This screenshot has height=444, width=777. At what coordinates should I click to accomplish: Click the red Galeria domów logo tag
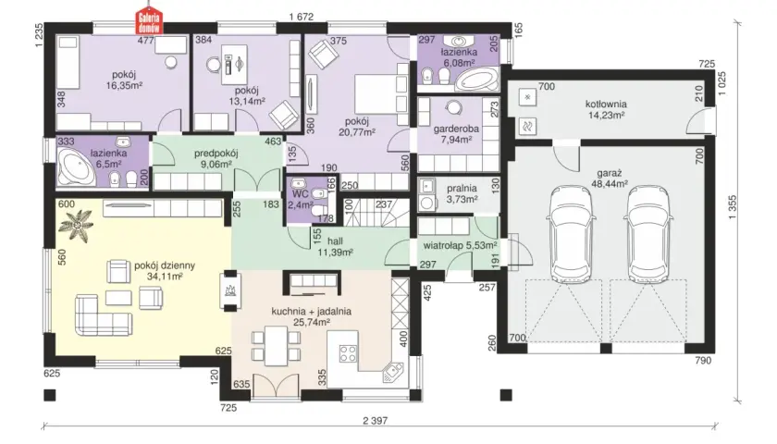click(150, 22)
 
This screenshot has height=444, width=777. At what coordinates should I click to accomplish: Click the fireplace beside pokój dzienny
click(231, 290)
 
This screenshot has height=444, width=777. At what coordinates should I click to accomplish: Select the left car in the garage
click(571, 232)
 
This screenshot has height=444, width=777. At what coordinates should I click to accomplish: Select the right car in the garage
click(648, 232)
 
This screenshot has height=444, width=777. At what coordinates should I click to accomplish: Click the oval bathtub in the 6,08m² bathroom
click(476, 80)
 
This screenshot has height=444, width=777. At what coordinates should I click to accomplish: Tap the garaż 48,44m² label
click(610, 179)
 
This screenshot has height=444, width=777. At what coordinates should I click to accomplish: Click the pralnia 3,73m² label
click(462, 193)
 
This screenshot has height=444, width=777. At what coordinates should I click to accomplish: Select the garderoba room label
click(456, 129)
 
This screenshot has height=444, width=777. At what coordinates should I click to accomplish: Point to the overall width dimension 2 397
click(375, 421)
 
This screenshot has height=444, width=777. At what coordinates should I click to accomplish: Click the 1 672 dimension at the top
click(302, 17)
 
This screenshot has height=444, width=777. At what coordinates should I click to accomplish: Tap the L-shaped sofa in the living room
click(103, 315)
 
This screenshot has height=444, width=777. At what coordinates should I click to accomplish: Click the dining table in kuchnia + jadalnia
click(276, 345)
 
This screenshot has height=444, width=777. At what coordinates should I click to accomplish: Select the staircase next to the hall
click(376, 211)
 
